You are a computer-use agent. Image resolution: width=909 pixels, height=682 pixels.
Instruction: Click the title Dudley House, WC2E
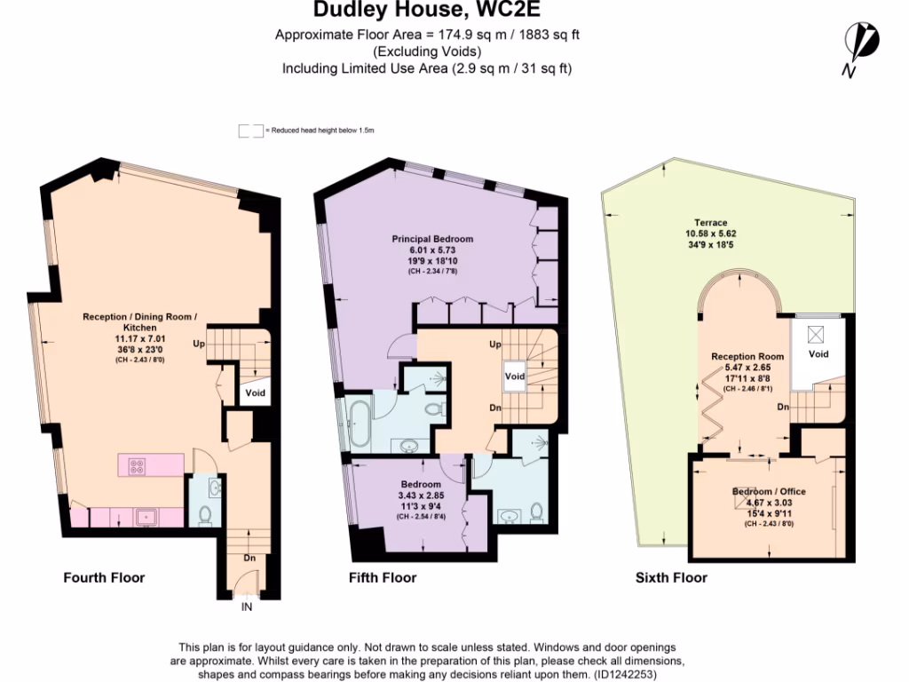[x=426, y=12]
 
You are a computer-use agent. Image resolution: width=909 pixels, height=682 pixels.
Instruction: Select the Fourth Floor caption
[x=104, y=577]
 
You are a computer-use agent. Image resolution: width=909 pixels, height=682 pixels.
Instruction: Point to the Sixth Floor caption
[x=671, y=577]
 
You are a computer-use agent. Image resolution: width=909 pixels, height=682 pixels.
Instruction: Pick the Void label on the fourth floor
[x=256, y=392]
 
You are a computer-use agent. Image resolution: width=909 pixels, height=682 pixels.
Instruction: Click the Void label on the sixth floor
[x=818, y=353]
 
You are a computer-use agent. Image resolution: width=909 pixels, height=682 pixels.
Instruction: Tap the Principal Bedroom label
[x=433, y=239]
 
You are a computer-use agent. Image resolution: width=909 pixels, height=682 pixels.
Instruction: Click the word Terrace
[x=711, y=223]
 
